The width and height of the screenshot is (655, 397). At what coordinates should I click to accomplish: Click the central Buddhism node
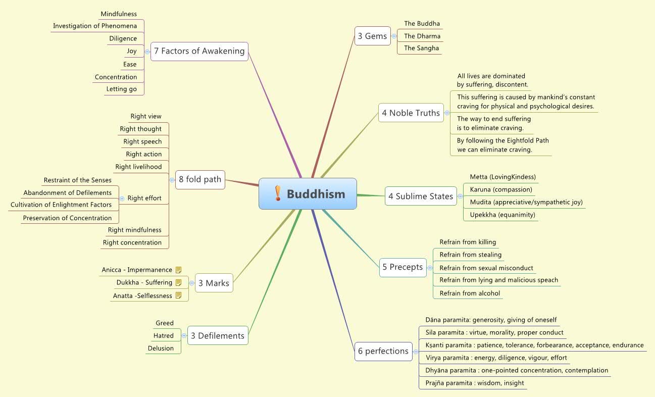pyautogui.click(x=308, y=193)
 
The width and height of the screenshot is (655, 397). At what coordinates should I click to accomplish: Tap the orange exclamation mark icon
pyautogui.click(x=278, y=193)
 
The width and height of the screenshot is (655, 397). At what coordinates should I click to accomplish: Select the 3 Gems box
pyautogui.click(x=373, y=36)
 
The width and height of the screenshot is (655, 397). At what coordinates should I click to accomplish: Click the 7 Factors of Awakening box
pyautogui.click(x=199, y=51)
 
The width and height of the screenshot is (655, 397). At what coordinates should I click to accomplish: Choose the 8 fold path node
pyautogui.click(x=200, y=179)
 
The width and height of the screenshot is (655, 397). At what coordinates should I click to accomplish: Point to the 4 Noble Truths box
pyautogui.click(x=411, y=113)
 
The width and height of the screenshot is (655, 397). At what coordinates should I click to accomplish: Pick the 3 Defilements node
pyautogui.click(x=218, y=335)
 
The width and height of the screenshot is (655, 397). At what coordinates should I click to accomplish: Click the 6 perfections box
pyautogui.click(x=383, y=351)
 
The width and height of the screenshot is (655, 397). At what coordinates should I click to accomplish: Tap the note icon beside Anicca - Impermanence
pyautogui.click(x=178, y=270)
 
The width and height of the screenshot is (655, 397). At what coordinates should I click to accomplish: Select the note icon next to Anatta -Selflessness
pyautogui.click(x=178, y=295)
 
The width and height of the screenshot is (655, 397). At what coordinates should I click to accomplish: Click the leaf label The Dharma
pyautogui.click(x=422, y=36)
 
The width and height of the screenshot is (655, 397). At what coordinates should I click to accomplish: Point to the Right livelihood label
pyautogui.click(x=138, y=167)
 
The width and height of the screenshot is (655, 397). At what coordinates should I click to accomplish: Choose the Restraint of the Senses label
pyautogui.click(x=77, y=180)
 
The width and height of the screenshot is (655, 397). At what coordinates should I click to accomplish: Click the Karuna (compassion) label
pyautogui.click(x=501, y=189)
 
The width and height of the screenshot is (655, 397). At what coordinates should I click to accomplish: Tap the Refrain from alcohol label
pyautogui.click(x=470, y=293)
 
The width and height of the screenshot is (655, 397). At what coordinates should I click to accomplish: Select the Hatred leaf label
pyautogui.click(x=164, y=335)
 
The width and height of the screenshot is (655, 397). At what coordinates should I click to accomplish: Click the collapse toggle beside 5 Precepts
pyautogui.click(x=430, y=268)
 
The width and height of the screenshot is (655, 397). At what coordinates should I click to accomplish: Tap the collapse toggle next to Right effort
pyautogui.click(x=122, y=199)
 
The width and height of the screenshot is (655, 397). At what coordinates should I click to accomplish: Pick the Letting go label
pyautogui.click(x=121, y=89)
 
